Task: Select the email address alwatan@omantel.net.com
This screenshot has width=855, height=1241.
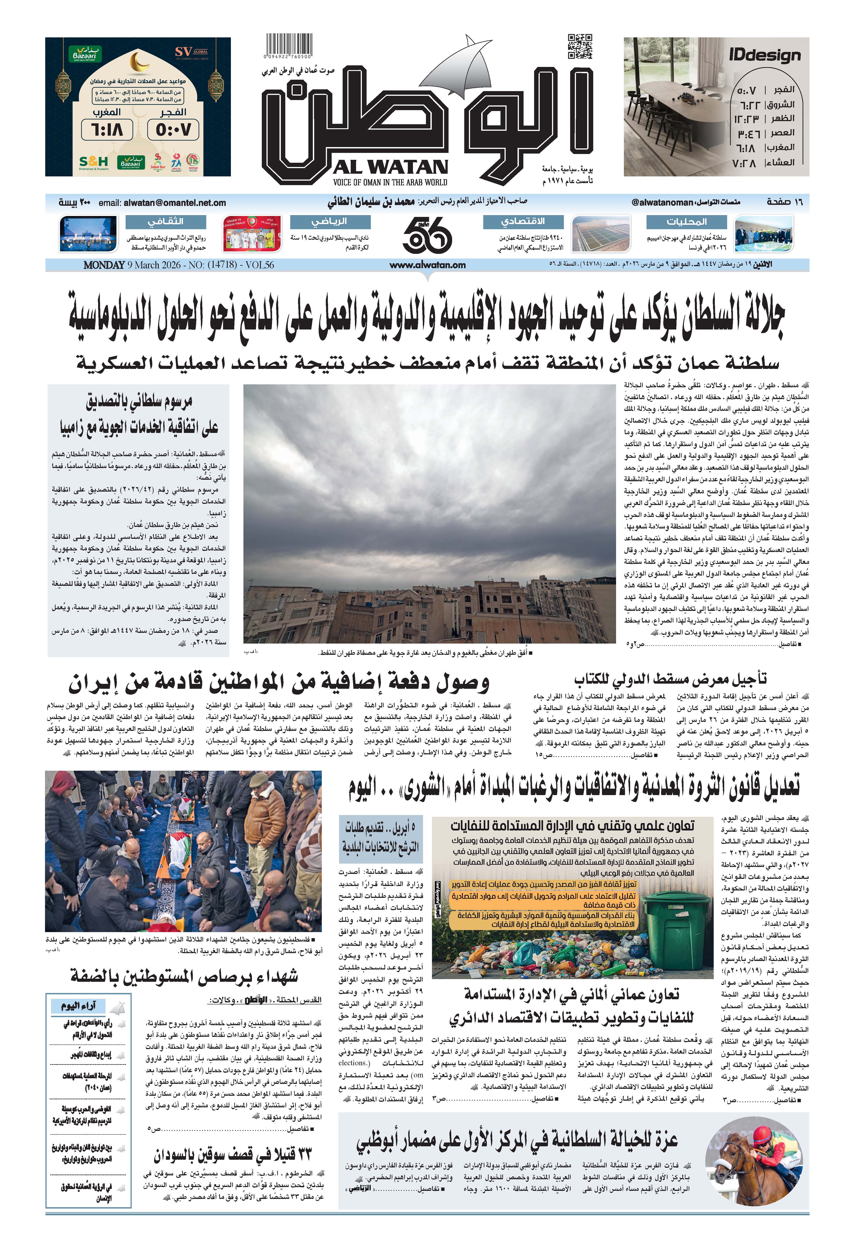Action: [174, 203]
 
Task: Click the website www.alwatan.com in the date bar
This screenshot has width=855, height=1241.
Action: [427, 265]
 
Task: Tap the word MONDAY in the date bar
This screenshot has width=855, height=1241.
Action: [104, 265]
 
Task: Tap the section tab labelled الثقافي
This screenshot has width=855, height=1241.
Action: [165, 221]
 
